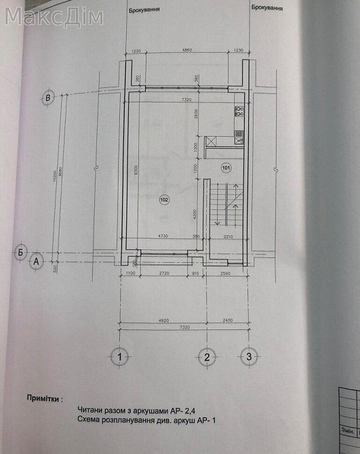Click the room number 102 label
[163, 199]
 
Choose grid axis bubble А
[37, 260]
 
